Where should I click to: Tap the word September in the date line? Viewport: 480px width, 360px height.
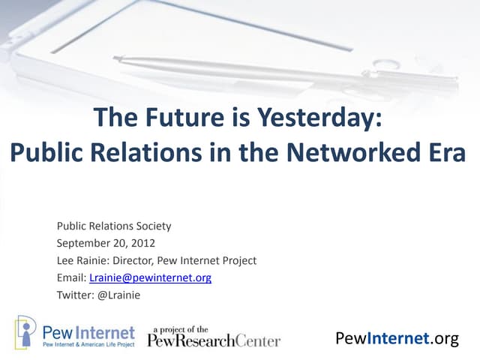(x=80, y=243)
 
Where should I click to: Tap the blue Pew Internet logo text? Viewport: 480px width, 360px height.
(x=88, y=331)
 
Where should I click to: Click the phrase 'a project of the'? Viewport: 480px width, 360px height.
(x=181, y=328)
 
